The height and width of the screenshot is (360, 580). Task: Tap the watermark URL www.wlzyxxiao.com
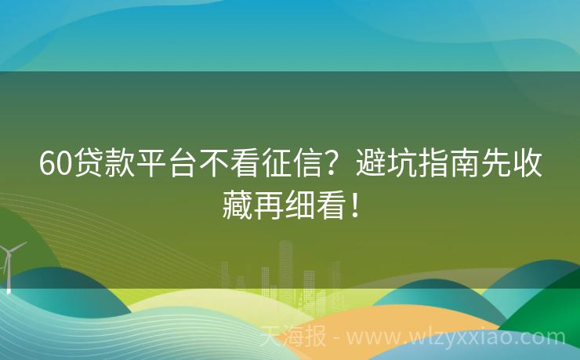pos(455,338)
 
